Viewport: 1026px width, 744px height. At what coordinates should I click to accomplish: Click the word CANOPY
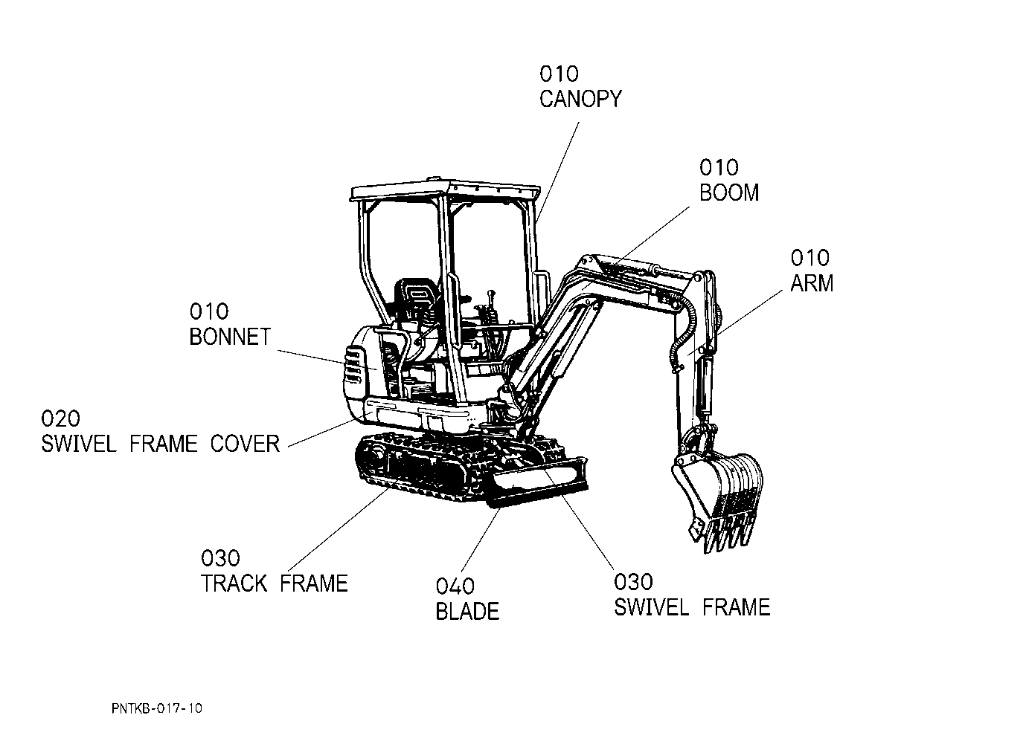point(580,99)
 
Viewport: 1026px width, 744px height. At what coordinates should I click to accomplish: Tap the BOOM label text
point(729,193)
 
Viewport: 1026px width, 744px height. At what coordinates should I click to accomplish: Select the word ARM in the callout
point(812,283)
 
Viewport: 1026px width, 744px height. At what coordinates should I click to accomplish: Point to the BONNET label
point(230,337)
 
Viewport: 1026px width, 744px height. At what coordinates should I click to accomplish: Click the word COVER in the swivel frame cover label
point(245,444)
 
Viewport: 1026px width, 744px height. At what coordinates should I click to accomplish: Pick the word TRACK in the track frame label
point(234,583)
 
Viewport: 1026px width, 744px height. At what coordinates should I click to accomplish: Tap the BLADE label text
point(467,612)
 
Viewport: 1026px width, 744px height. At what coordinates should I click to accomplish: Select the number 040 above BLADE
point(455,587)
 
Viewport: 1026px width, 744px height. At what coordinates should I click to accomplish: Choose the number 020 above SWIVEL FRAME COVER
point(61,419)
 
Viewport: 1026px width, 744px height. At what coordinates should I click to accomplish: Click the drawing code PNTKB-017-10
point(156,708)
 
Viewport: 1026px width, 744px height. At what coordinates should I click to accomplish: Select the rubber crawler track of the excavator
point(417,468)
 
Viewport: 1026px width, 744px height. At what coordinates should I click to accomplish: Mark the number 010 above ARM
point(809,258)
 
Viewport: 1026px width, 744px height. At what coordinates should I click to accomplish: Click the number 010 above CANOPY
point(559,74)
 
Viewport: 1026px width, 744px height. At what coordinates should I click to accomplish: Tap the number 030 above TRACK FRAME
point(220,558)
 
